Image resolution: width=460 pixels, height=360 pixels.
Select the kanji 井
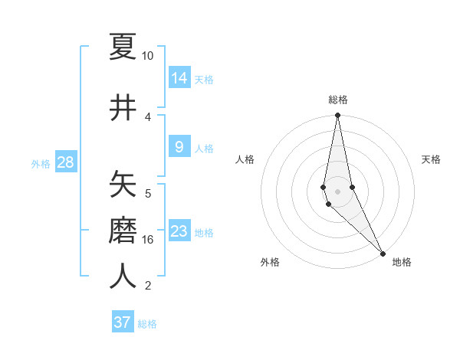pos(123,107)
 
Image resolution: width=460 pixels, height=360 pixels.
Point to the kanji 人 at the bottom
pos(123,275)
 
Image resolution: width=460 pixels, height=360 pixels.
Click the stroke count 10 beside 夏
pos(148,56)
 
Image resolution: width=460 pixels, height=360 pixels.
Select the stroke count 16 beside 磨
pos(148,240)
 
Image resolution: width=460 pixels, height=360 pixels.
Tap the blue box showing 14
pos(179,77)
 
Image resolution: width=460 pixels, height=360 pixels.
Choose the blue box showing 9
pos(179,146)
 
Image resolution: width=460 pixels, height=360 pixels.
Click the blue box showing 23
pos(179,231)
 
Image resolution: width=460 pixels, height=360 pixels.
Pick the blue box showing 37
pos(123,322)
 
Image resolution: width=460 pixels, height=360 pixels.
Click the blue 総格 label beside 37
pos(147,324)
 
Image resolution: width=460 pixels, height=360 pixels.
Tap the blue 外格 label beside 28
pos(41,163)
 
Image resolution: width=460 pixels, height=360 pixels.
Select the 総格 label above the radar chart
pos(338,100)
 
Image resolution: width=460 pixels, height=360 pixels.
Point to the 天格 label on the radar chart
pos(431,159)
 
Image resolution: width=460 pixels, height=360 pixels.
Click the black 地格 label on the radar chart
pos(402,262)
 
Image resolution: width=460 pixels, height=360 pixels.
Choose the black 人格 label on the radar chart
pos(245,159)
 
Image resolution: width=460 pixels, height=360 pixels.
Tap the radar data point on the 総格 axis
pos(337,116)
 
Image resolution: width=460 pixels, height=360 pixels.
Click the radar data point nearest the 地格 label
pos(383,253)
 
